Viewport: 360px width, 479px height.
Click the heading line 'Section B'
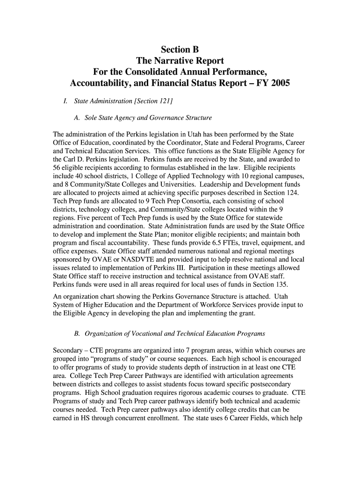point(180,49)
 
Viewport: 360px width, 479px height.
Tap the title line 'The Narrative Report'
point(180,61)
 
